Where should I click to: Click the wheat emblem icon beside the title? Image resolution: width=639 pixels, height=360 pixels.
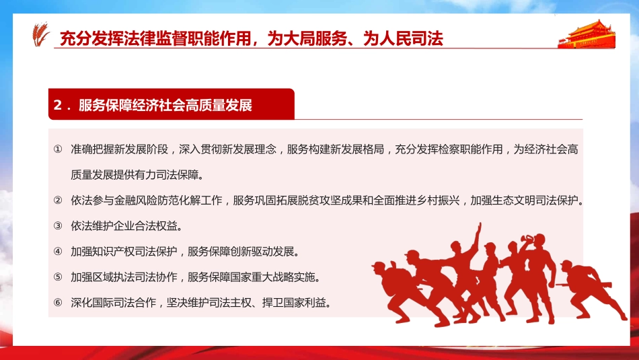click(42, 36)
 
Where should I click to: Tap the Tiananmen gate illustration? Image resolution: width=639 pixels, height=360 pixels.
click(587, 34)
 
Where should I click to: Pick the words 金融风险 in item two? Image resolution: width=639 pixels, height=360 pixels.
click(147, 200)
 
